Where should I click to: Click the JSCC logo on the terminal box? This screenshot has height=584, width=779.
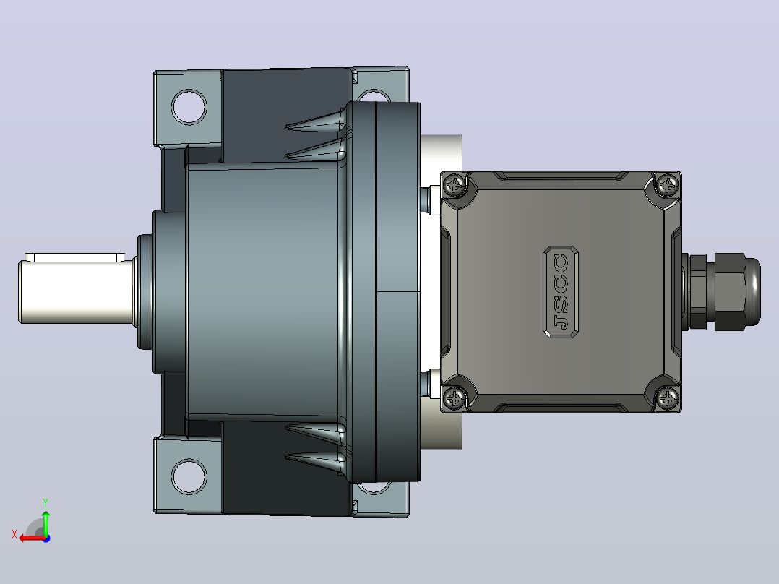point(561,292)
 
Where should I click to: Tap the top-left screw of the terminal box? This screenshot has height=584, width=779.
point(455,185)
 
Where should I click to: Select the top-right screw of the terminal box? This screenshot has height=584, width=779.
point(667,185)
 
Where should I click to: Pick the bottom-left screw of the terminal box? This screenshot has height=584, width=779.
point(455,398)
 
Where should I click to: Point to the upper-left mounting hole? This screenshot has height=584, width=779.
point(189,107)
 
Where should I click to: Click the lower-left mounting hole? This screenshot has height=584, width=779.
point(189,476)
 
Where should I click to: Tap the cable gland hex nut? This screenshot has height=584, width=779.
point(731,292)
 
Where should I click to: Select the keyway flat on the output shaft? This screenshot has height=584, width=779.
point(75,257)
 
